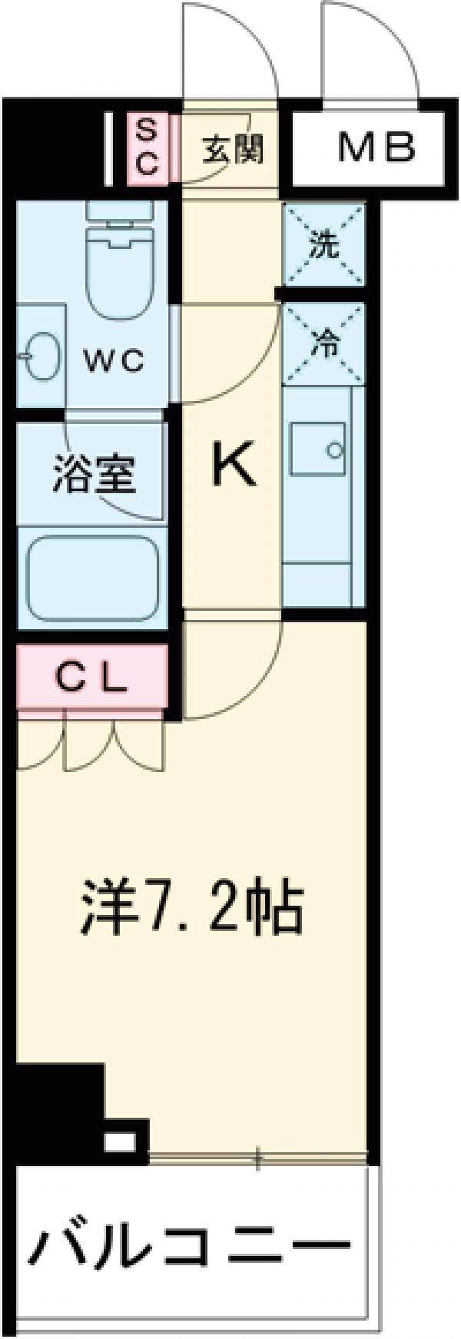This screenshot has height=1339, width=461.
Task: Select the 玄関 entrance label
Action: (232, 149)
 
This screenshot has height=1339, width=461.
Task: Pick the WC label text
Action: (113, 360)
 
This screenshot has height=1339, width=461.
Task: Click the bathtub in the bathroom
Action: (93, 577)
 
